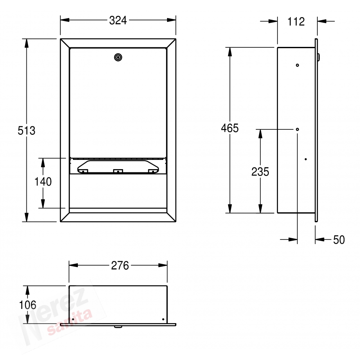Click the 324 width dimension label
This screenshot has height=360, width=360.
click(x=118, y=21)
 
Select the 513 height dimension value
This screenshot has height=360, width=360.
click(x=26, y=131)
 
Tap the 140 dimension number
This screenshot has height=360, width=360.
click(x=43, y=182)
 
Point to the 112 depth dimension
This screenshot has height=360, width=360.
click(x=296, y=22)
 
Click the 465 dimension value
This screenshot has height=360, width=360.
click(x=230, y=128)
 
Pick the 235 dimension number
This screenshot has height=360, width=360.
click(x=260, y=172)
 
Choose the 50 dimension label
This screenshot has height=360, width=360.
click(x=339, y=240)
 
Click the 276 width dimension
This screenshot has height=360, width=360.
click(x=120, y=266)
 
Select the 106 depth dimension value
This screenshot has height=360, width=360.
click(x=28, y=305)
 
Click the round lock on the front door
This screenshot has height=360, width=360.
click(x=118, y=57)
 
